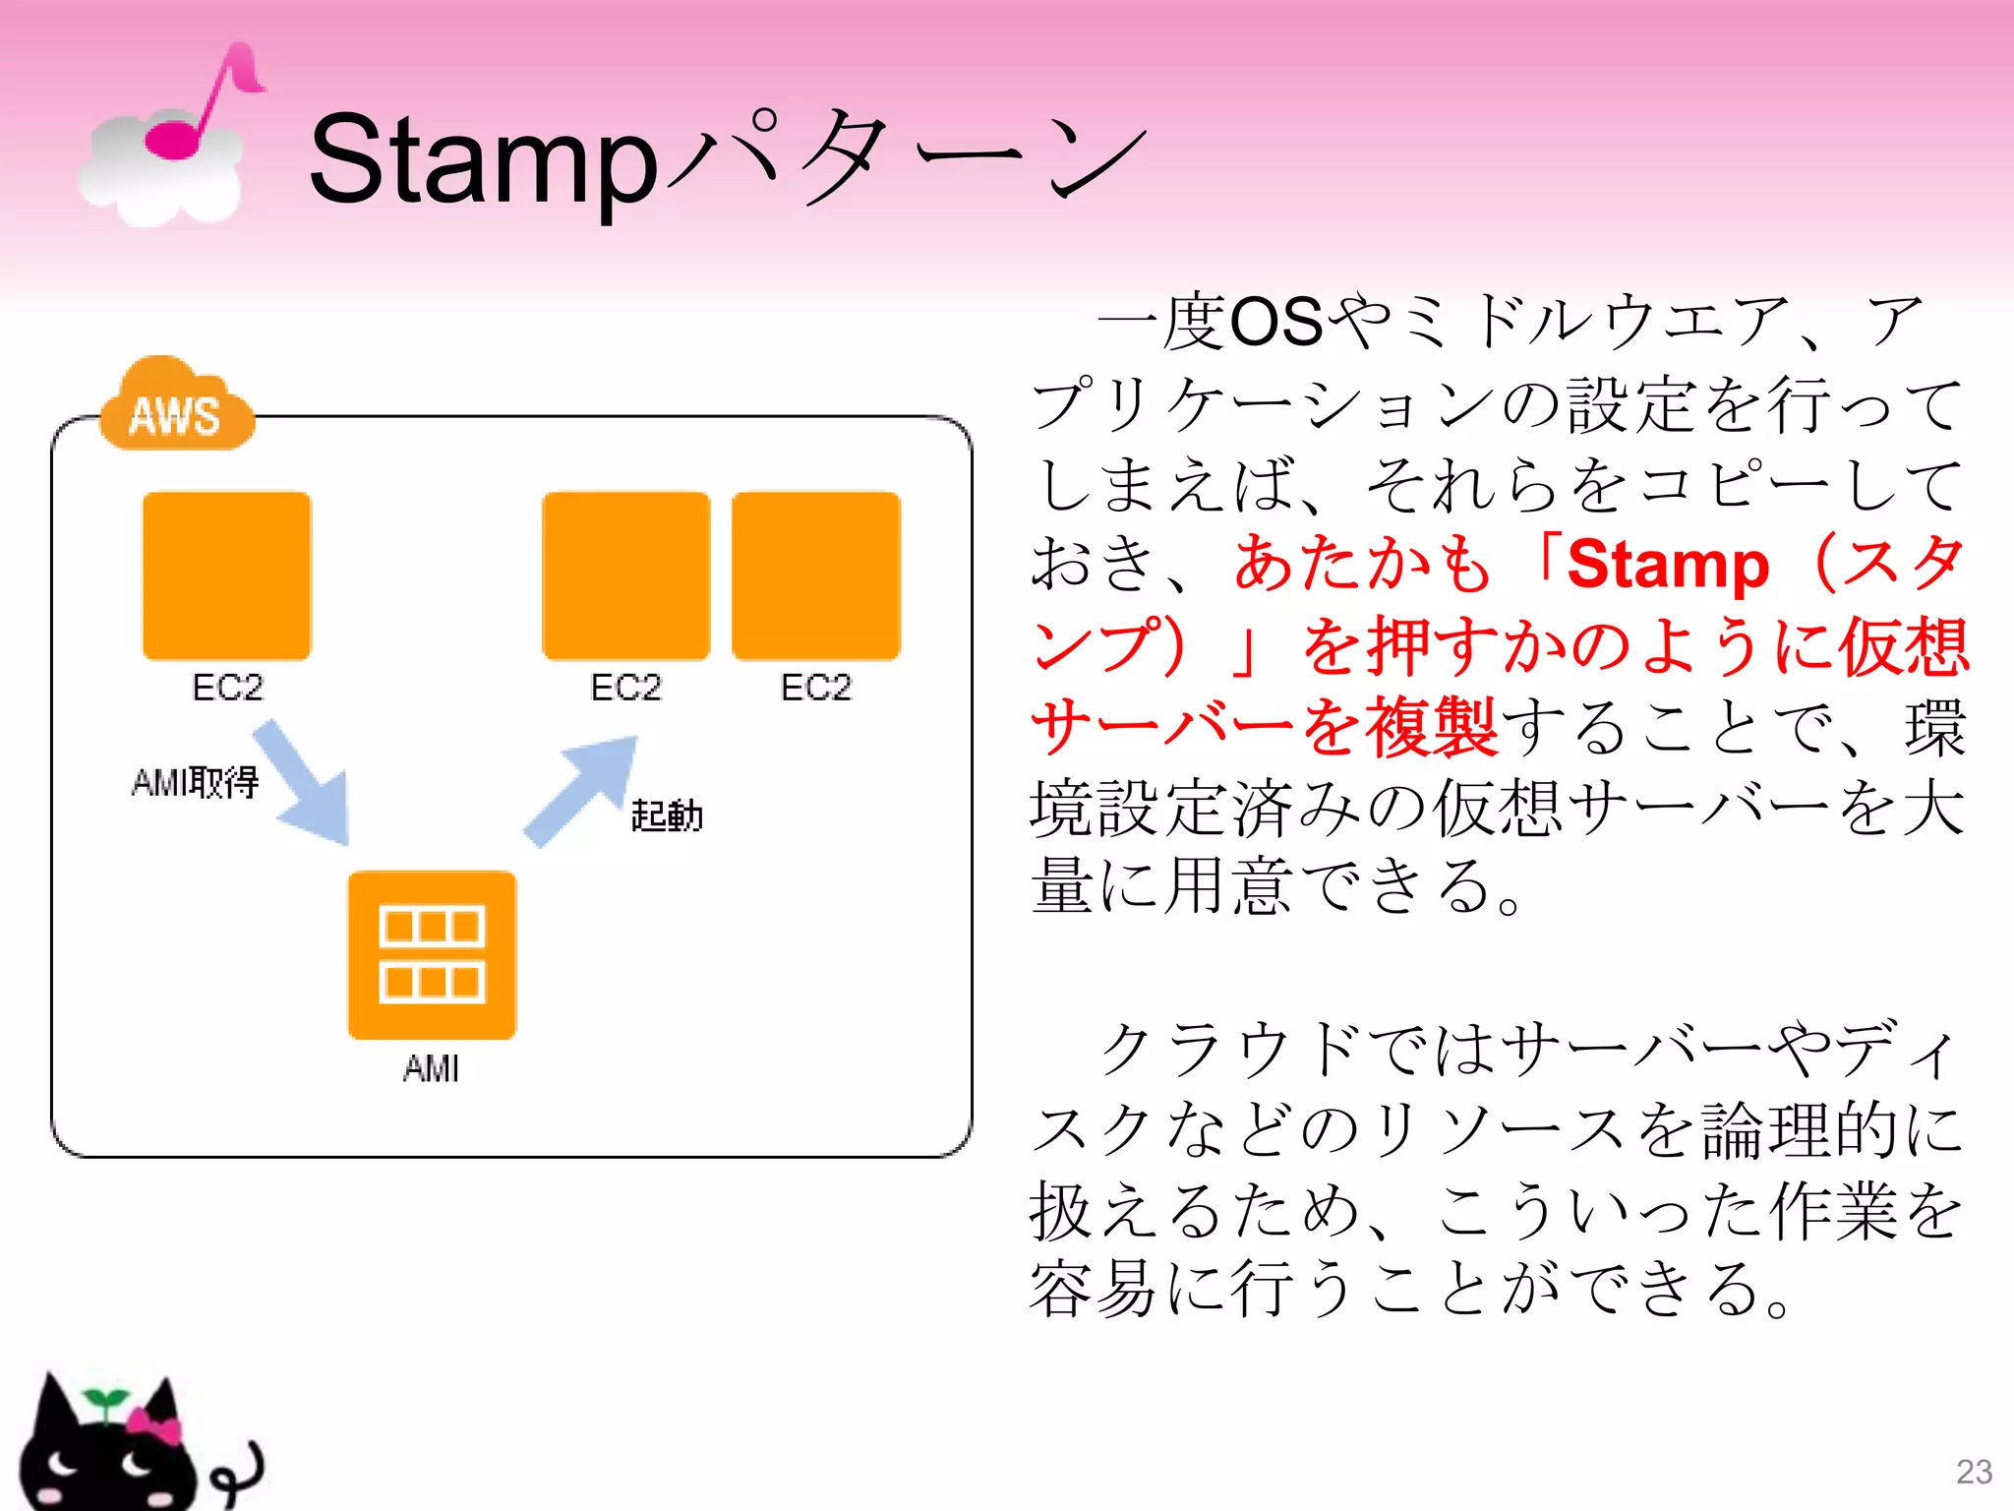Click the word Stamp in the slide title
click(482, 162)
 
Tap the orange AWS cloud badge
click(176, 408)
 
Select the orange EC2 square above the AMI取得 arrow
click(227, 576)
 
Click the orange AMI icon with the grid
click(432, 954)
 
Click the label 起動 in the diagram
click(667, 816)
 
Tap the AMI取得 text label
click(195, 783)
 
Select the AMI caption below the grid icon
click(431, 1068)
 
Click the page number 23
click(1974, 1472)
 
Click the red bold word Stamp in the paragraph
click(1668, 565)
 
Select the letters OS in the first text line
click(1275, 322)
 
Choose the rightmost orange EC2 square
click(816, 576)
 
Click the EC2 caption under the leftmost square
click(227, 687)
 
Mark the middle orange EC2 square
click(626, 576)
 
